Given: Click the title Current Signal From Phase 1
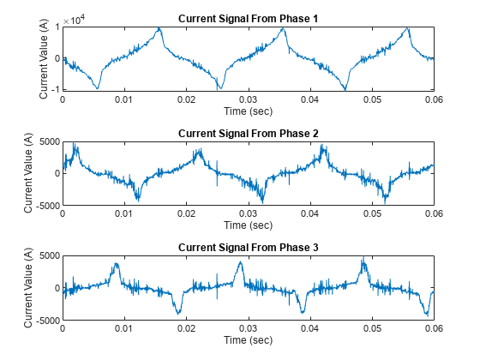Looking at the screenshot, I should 248,19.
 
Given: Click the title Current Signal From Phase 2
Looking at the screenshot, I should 248,134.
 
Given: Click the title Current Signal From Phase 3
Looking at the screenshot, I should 248,248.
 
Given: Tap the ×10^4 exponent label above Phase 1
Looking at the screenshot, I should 75,19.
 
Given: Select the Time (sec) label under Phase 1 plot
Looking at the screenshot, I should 248,111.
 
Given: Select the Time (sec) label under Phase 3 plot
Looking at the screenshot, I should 248,340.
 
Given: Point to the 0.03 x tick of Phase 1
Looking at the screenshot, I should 248,100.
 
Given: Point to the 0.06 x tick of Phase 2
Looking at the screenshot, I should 434,215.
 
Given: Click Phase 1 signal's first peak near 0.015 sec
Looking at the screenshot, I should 159,28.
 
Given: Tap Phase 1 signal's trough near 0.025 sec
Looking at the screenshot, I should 220,87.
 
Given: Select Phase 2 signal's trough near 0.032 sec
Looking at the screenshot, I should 263,201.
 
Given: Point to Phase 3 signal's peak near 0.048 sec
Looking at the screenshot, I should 363,258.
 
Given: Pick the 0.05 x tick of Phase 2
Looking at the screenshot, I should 372,215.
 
